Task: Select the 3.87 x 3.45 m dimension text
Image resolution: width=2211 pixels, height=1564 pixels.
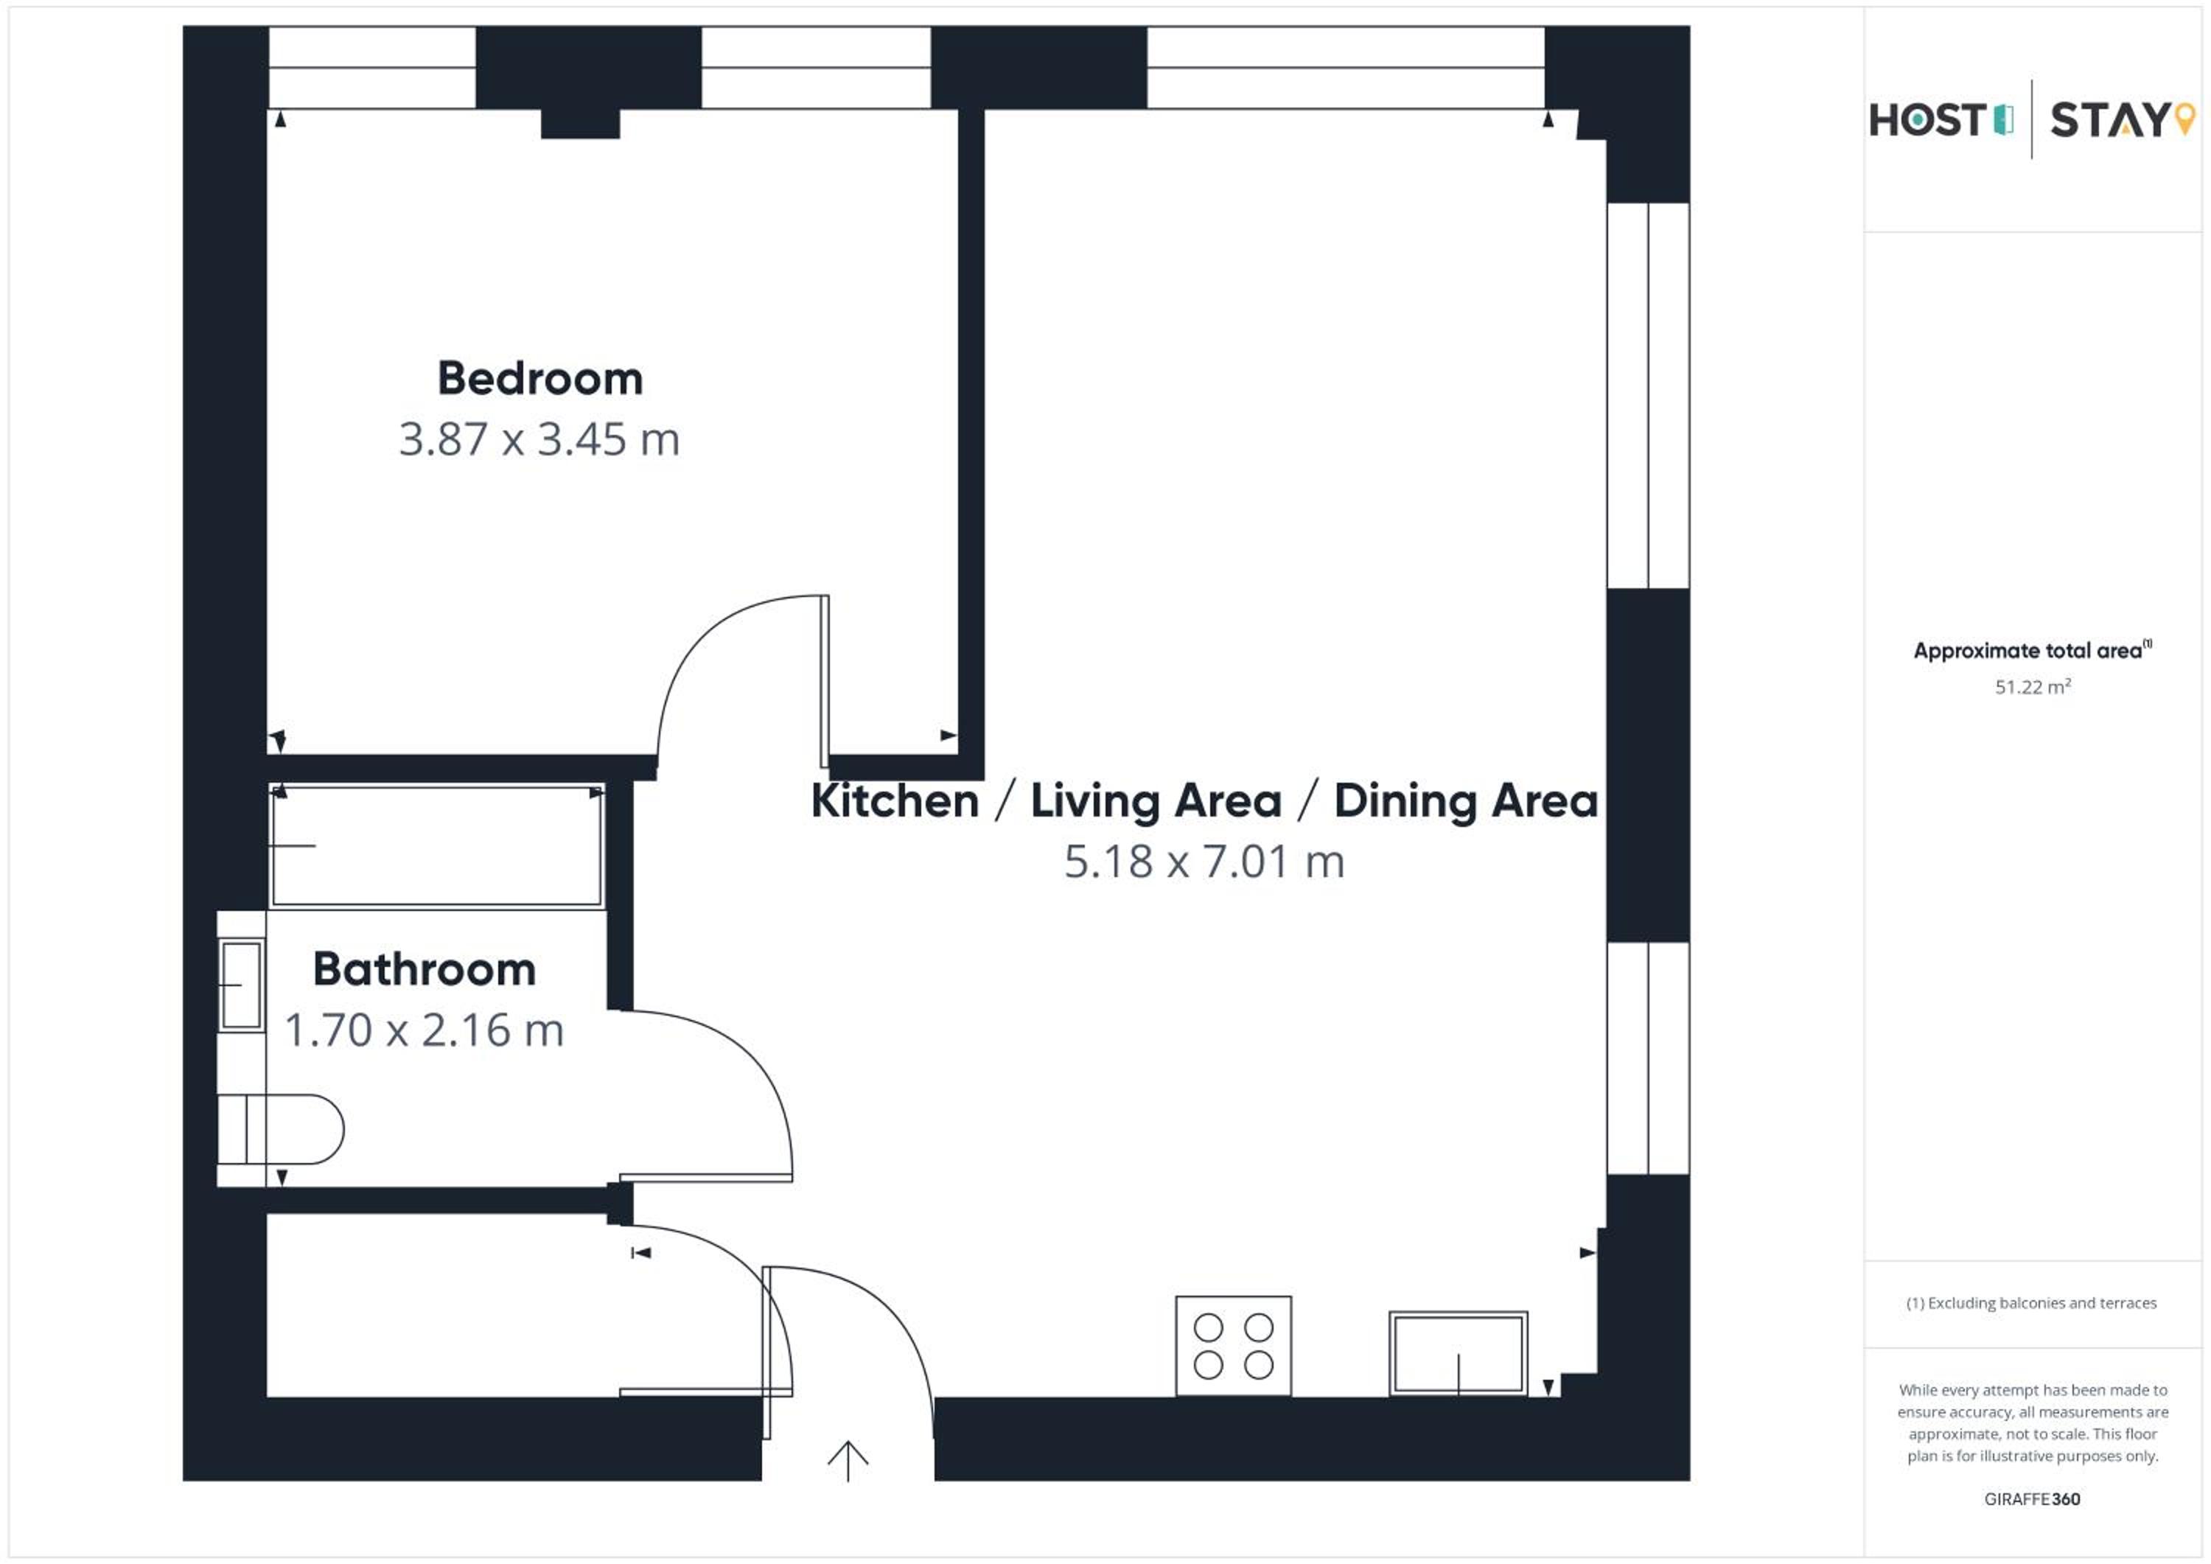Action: click(x=539, y=439)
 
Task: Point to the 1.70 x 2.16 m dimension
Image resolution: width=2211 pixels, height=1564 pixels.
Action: click(x=425, y=1030)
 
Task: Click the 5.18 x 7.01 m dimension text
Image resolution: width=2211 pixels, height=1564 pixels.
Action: click(x=1204, y=862)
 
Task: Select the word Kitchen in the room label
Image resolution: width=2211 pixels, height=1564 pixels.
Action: click(x=895, y=800)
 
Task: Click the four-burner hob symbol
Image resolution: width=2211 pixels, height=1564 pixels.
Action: click(x=1234, y=1345)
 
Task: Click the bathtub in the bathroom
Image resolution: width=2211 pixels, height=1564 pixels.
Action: click(x=437, y=845)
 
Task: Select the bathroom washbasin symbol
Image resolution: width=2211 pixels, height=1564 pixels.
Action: click(x=241, y=985)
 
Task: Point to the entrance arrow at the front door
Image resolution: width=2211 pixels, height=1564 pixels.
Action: click(x=848, y=1461)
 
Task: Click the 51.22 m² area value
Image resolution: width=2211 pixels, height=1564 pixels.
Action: click(x=2032, y=687)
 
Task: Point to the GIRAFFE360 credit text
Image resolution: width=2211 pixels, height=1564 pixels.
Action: click(x=2032, y=1498)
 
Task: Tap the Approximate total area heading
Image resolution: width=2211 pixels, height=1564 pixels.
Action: click(x=2032, y=650)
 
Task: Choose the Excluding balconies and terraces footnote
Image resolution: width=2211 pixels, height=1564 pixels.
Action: click(x=2031, y=1303)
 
